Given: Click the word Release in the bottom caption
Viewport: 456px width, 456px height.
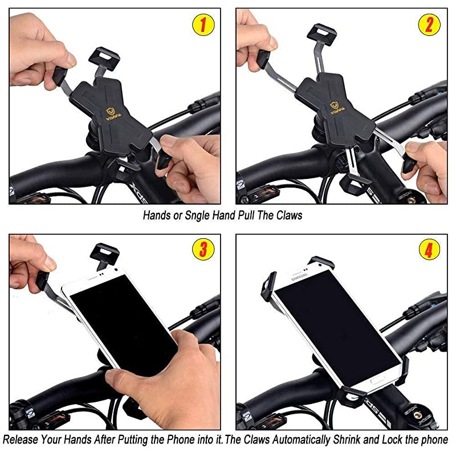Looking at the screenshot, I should click(21, 440).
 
